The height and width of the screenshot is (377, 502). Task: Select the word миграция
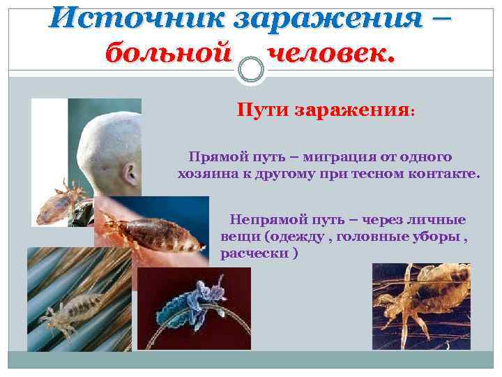click(x=333, y=157)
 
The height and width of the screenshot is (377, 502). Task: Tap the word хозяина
click(x=207, y=172)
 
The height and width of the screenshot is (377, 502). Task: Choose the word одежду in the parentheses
click(x=301, y=236)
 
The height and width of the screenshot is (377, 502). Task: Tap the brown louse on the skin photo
click(x=143, y=227)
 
